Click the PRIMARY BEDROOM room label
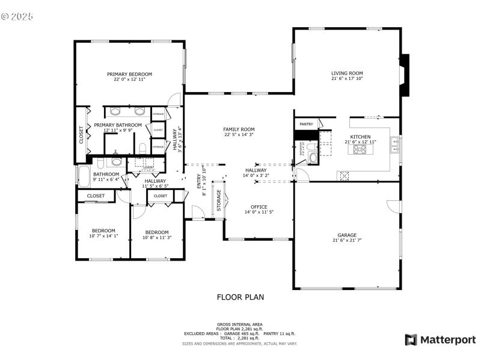[129, 74]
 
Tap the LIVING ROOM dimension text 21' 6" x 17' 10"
[347, 79]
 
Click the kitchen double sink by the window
[394, 144]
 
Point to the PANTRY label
[306, 124]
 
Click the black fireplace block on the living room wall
[405, 75]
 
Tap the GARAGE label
[347, 235]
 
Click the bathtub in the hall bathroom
[83, 177]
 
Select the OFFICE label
[259, 207]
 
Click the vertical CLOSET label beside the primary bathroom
[82, 135]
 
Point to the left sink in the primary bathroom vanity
[115, 111]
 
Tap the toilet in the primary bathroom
[142, 148]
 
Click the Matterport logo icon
[411, 340]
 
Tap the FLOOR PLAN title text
[240, 297]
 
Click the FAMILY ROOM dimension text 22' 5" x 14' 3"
[239, 135]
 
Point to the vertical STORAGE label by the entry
[219, 200]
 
